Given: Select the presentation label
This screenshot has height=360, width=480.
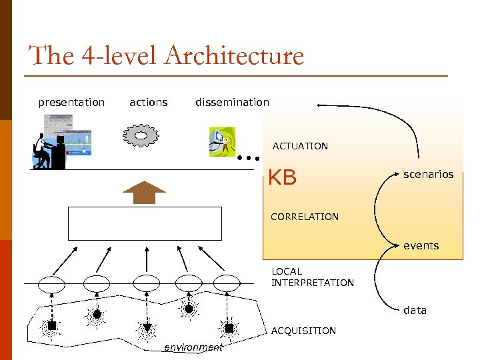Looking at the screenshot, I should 71,102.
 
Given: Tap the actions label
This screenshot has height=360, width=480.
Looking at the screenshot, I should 148,102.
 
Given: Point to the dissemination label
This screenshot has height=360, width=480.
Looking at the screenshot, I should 232,102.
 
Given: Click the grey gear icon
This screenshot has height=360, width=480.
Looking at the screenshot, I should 141,135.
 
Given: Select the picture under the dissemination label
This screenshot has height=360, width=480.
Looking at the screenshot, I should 222,141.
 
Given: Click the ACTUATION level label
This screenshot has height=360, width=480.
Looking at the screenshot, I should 300,146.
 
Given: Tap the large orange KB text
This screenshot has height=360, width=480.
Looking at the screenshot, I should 282,178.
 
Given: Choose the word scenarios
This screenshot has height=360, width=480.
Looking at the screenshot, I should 428,174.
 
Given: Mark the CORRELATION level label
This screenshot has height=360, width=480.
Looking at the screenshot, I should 305,217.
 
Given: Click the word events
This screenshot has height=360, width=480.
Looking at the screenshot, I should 421,245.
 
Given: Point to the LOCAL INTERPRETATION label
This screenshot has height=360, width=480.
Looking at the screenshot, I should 312,277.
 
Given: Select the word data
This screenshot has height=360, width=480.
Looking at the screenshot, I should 415,310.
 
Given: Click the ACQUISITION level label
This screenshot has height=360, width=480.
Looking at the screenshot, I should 303,331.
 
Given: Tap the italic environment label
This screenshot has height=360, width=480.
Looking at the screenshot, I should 193,347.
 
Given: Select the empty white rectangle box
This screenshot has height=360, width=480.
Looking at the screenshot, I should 145,223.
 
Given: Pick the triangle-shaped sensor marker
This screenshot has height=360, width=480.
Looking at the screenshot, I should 147,328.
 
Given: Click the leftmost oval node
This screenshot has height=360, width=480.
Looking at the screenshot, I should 51,284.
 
